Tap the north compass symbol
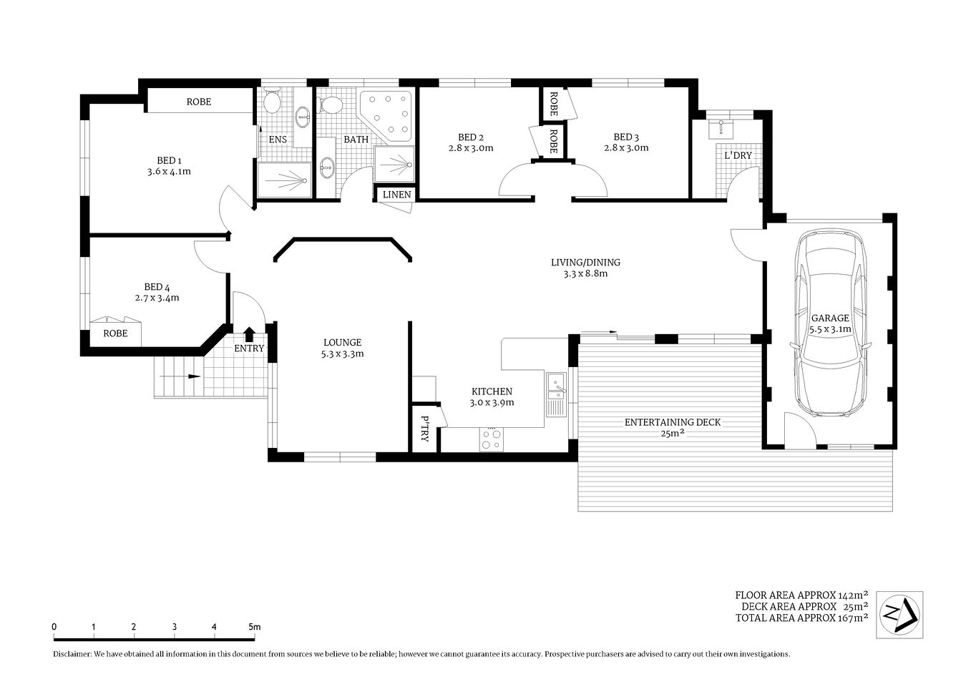point(899,614)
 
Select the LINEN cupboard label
point(396,195)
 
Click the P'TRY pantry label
point(424,428)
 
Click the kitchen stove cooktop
point(491,439)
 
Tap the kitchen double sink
point(556,394)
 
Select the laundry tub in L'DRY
point(721,128)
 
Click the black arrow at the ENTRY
point(249,333)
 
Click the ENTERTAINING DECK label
point(673,422)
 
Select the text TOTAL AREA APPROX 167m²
point(801,618)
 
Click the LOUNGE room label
point(342,343)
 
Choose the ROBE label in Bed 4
point(115,333)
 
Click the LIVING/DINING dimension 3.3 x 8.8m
point(585,273)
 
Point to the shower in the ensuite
point(284,180)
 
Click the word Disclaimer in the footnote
point(72,654)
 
